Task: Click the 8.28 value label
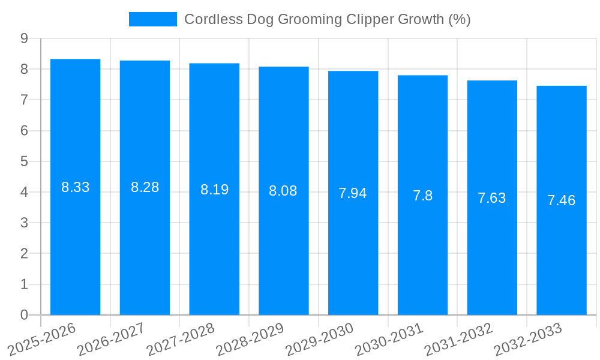pos(145,187)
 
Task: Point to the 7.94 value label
pos(353,193)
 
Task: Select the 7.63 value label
pos(492,198)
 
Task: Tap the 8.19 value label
pos(214,190)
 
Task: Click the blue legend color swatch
pos(153,19)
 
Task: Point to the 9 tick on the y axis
pos(24,38)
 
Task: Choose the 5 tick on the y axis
pos(24,161)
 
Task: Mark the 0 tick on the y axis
pos(24,315)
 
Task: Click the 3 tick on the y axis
pos(24,223)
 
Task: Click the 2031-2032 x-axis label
pos(459,339)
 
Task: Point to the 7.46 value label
pos(562,200)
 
